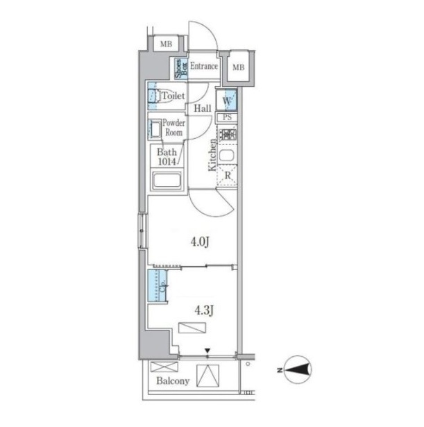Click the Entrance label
coord(204,66)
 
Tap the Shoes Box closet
coord(181,69)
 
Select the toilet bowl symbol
coord(160,96)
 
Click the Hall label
coord(203,108)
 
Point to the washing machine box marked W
coord(227,100)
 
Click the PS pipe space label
coord(227,117)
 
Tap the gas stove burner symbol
coord(228,134)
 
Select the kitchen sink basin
coord(226,156)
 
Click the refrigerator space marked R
coord(227,176)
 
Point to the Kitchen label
coord(212,156)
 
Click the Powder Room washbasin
coord(155,130)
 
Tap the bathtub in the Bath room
coord(167,180)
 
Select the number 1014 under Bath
coord(167,162)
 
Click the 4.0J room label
coord(200,242)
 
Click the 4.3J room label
coord(204,310)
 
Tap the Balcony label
coord(173,380)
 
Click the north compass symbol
coord(298,369)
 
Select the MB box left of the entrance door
coord(166,44)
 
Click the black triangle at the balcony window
coord(207,351)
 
